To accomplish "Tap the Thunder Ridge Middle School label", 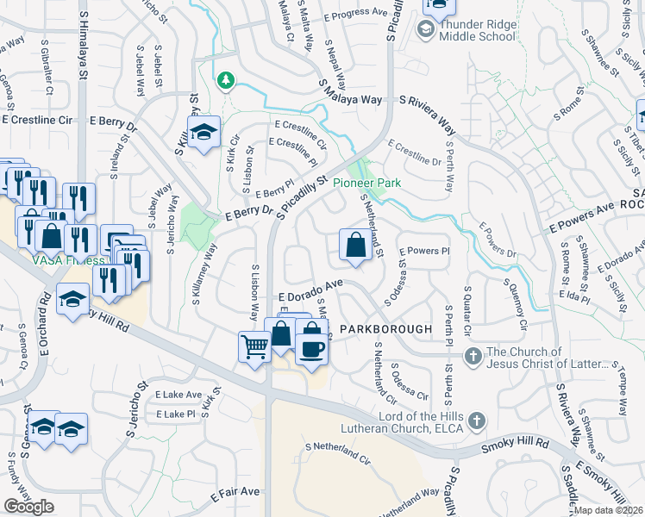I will pos(477,30).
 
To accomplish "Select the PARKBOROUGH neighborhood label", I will pos(380,329).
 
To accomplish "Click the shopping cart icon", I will pos(254,347).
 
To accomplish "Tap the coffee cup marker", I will pos(311,347).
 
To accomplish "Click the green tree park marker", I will pos(226,80).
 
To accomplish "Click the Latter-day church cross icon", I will pos(473,356).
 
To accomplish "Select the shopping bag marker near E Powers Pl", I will pos(355,246).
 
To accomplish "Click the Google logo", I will pos(29,506).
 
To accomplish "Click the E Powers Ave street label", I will pos(582,226).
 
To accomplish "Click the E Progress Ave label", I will pos(354,14).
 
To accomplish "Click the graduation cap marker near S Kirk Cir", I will pos(204,133).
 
